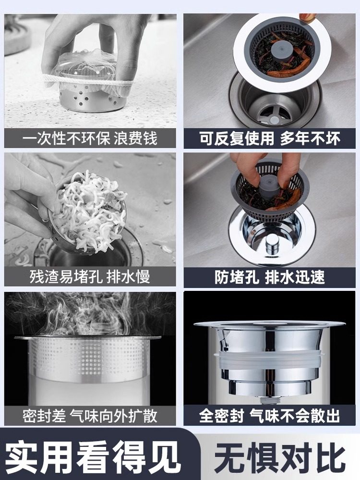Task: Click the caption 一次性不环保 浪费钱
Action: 90,138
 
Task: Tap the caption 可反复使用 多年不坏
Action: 270,138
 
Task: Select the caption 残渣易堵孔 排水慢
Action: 90,277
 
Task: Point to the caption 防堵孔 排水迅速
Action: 270,277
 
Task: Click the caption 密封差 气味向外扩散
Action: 90,416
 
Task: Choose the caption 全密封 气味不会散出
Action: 270,416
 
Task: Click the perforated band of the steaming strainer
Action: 89,359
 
